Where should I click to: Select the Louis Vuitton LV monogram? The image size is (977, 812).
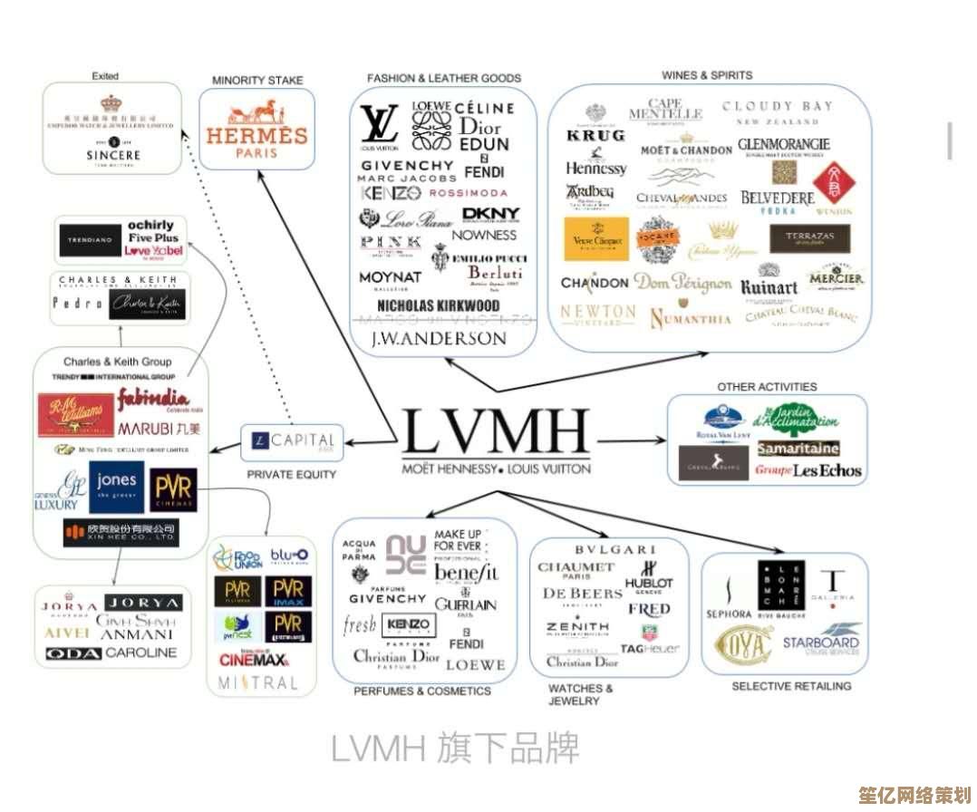(379, 126)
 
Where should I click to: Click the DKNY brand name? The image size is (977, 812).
(490, 214)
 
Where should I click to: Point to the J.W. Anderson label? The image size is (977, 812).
(439, 338)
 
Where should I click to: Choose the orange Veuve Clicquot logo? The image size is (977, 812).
(595, 239)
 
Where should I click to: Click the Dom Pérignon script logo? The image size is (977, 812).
(682, 282)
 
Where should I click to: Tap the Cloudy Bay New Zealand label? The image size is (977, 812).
(777, 112)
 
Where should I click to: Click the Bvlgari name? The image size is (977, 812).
(614, 549)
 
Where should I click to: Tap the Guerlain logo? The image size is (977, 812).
(465, 604)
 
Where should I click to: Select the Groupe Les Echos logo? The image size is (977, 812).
(808, 470)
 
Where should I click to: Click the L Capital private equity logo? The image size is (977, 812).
(293, 442)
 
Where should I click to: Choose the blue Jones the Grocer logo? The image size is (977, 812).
(116, 486)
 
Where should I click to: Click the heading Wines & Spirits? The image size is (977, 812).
(706, 75)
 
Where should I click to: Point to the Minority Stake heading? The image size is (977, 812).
(256, 81)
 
